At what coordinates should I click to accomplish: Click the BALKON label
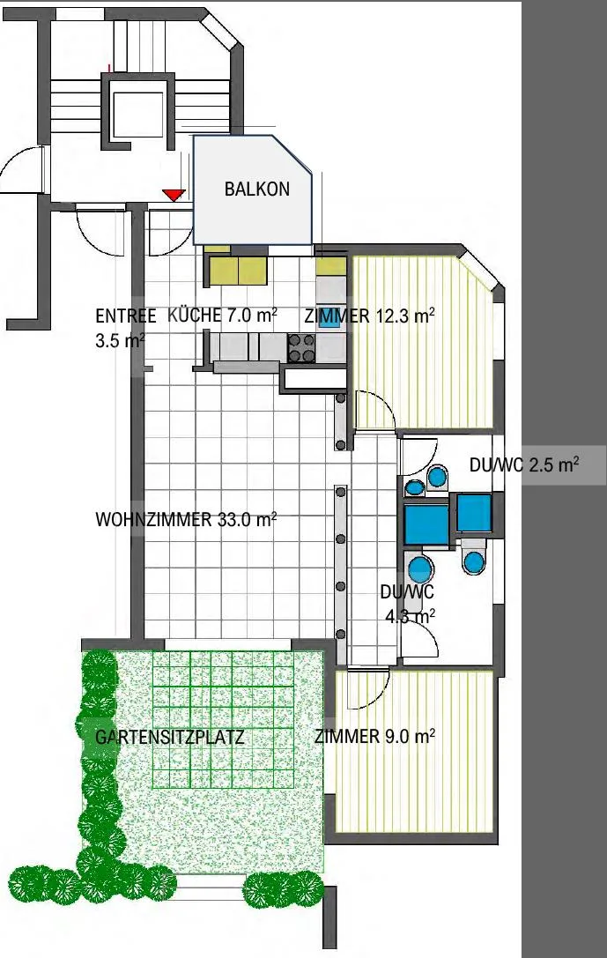257,189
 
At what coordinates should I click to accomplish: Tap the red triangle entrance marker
174,194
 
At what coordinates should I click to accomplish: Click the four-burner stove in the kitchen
301,347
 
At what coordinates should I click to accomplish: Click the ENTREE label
126,316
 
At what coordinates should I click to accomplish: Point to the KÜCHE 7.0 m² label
222,316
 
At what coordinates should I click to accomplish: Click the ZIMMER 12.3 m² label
370,316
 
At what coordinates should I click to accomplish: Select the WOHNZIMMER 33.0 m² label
186,519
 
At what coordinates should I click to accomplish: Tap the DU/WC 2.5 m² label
524,464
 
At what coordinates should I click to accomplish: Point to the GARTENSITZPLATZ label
170,737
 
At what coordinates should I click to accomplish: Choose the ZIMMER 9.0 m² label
375,736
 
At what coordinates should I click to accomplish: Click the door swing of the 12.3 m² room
375,408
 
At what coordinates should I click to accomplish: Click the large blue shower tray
426,524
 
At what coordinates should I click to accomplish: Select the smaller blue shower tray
475,512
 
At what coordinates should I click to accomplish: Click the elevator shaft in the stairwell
137,115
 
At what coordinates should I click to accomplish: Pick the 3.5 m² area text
121,340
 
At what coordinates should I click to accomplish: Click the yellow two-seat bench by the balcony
237,270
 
